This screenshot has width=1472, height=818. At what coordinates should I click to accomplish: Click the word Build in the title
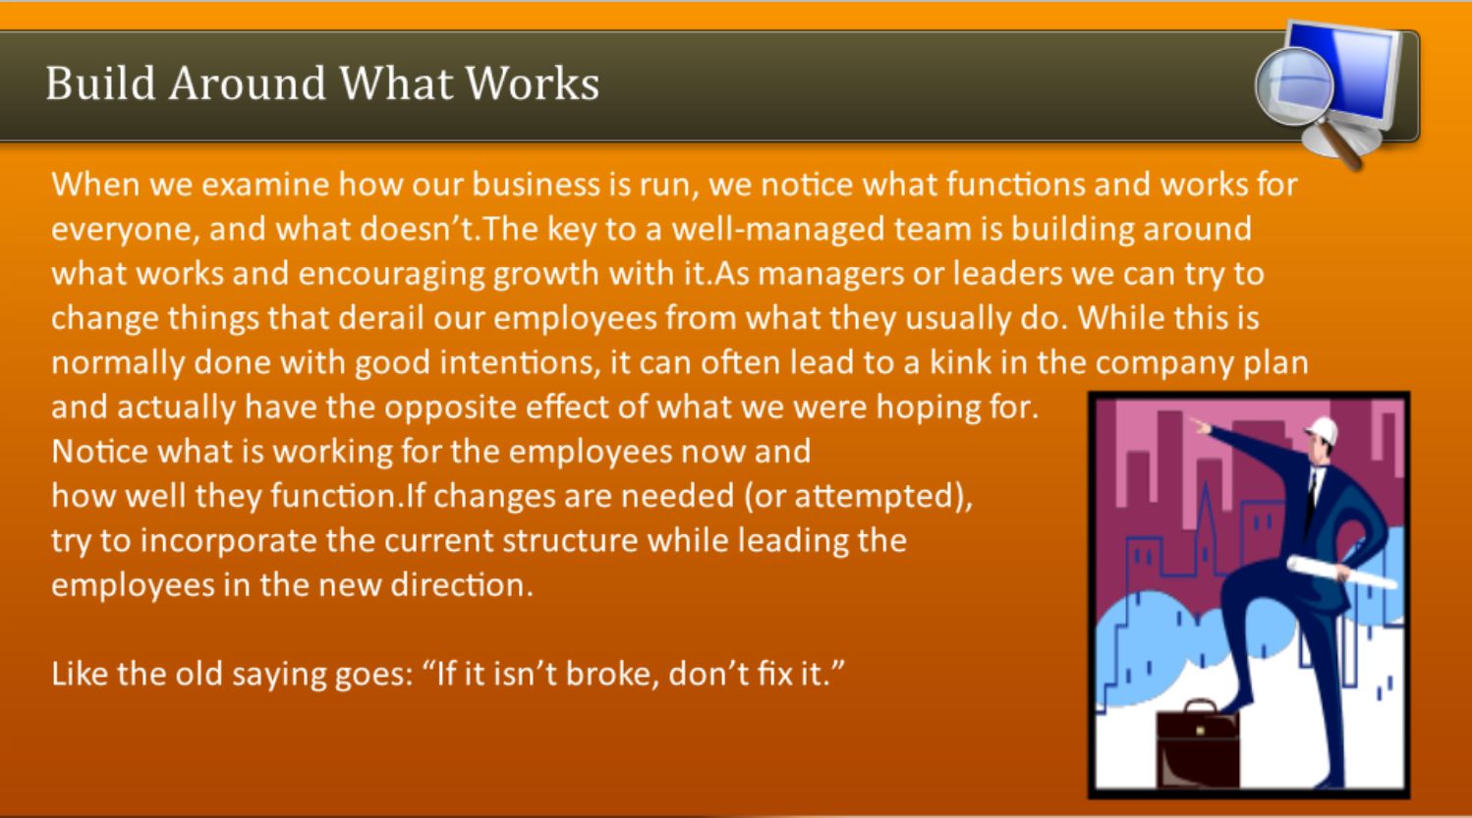[x=100, y=83]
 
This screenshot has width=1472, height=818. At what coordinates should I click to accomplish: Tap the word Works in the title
[x=533, y=83]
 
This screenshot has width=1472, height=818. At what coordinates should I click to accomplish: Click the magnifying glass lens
[x=1294, y=86]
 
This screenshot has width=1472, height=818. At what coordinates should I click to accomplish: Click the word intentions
[x=521, y=362]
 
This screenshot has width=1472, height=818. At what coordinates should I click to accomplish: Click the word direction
[x=462, y=585]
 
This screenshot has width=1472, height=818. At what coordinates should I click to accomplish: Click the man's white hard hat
[x=1323, y=431]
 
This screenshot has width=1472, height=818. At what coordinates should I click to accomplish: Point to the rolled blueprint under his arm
[x=1340, y=572]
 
